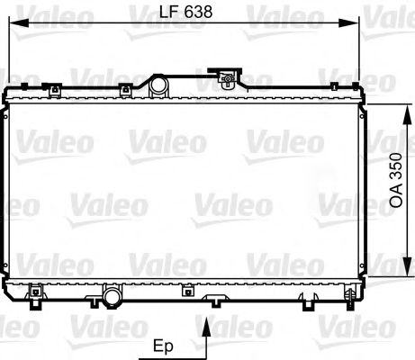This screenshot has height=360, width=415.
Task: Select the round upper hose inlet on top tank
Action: [158, 85]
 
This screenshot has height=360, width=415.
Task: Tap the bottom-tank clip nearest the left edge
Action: [37, 291]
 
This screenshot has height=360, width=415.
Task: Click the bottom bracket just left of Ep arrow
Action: [185, 290]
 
